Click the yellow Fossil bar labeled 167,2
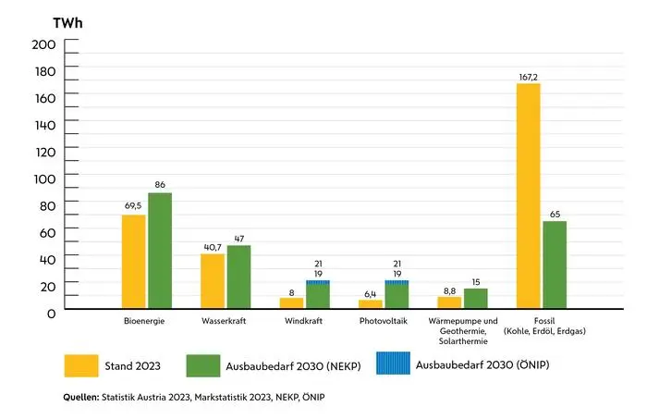point(529,195)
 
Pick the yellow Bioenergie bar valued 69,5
point(134,261)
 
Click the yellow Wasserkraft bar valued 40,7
point(213,280)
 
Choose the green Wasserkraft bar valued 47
point(238,276)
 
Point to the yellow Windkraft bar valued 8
point(291,302)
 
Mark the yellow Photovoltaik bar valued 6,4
point(371,303)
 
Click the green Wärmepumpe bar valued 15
point(476,298)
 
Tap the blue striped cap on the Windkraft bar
point(318,282)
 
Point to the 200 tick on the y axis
point(43,44)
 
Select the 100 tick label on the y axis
point(43,179)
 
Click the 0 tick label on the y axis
point(51,313)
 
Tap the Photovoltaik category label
point(384,322)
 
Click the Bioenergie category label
point(146,322)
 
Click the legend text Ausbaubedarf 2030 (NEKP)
point(292,366)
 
